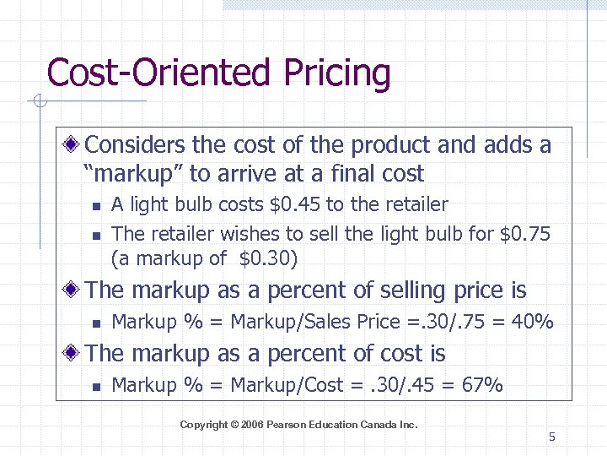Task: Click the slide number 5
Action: [x=551, y=437]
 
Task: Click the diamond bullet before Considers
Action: [x=76, y=145]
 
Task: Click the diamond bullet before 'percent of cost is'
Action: [x=76, y=354]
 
